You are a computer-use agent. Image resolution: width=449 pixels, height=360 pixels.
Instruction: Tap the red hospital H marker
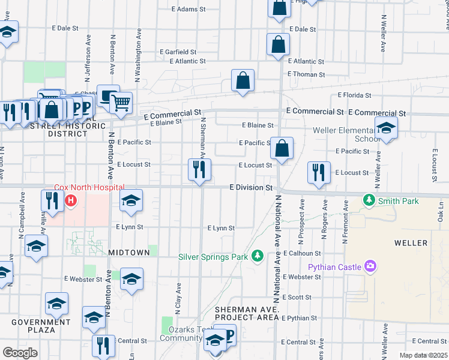[x=71, y=200]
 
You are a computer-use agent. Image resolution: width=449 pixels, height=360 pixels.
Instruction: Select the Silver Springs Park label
[x=213, y=257]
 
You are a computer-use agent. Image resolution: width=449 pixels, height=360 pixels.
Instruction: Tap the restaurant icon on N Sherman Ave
[x=199, y=170]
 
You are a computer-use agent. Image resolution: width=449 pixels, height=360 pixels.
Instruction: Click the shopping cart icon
[x=121, y=103]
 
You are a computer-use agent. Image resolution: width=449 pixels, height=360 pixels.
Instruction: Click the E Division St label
[x=252, y=188]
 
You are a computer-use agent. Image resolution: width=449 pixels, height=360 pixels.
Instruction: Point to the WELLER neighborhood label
[x=411, y=243]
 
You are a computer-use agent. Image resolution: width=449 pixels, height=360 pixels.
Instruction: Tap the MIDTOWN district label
[x=128, y=253]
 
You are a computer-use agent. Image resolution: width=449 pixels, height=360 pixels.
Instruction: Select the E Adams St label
[x=188, y=10]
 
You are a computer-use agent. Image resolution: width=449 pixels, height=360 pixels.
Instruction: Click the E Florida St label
[x=356, y=95]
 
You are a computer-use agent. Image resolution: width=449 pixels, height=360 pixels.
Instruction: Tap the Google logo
[x=20, y=353]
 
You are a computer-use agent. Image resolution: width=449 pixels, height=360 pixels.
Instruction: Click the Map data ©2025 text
[x=423, y=355]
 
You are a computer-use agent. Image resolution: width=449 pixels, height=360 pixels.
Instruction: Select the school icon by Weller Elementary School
[x=386, y=128]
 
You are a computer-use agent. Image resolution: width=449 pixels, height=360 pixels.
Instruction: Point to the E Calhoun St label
[x=303, y=253]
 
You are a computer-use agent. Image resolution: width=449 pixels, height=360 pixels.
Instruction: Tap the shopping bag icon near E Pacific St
[x=281, y=148]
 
